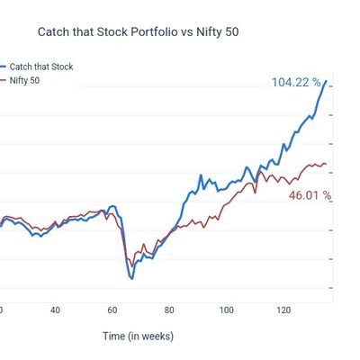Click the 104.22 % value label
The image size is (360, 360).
[x=295, y=83]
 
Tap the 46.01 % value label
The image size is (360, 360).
[x=310, y=194]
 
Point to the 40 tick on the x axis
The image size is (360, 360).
[x=55, y=310]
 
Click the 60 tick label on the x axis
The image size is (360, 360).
[x=112, y=310]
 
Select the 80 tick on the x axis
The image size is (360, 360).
[x=169, y=310]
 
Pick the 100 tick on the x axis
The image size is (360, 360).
[x=226, y=310]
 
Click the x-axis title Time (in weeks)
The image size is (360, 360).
[x=138, y=337]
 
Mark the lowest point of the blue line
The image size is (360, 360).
[x=131, y=278]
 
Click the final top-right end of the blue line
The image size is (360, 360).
[x=326, y=82]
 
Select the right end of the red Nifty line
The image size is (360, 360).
[x=326, y=164]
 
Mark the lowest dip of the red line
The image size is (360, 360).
[x=129, y=265]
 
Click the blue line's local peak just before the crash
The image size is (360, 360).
[x=112, y=206]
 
